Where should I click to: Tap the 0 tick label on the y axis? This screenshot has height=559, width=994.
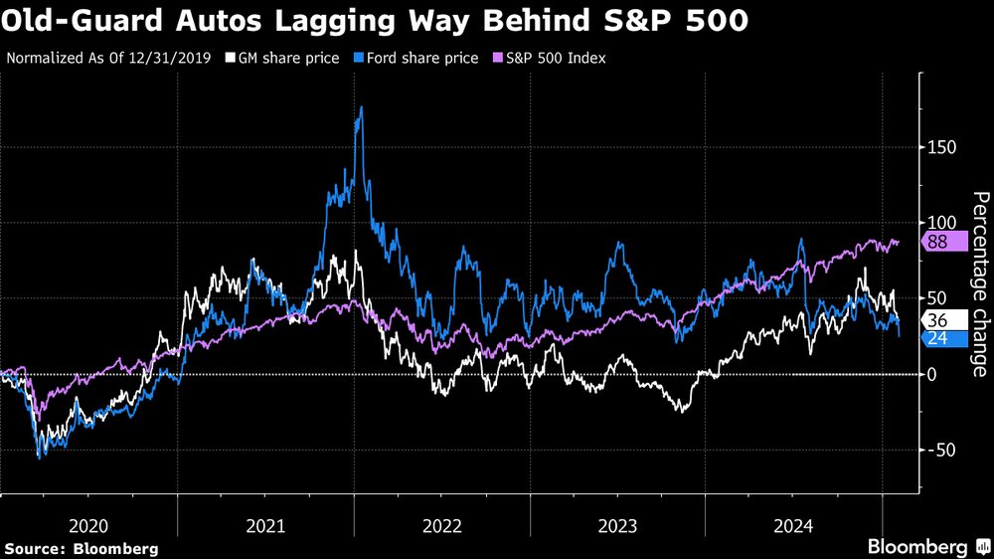pyautogui.click(x=931, y=374)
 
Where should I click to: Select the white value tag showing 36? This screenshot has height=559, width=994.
pyautogui.click(x=938, y=320)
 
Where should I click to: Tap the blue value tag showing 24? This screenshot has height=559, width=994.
pyautogui.click(x=938, y=338)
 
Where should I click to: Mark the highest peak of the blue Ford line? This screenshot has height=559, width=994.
pyautogui.click(x=360, y=107)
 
